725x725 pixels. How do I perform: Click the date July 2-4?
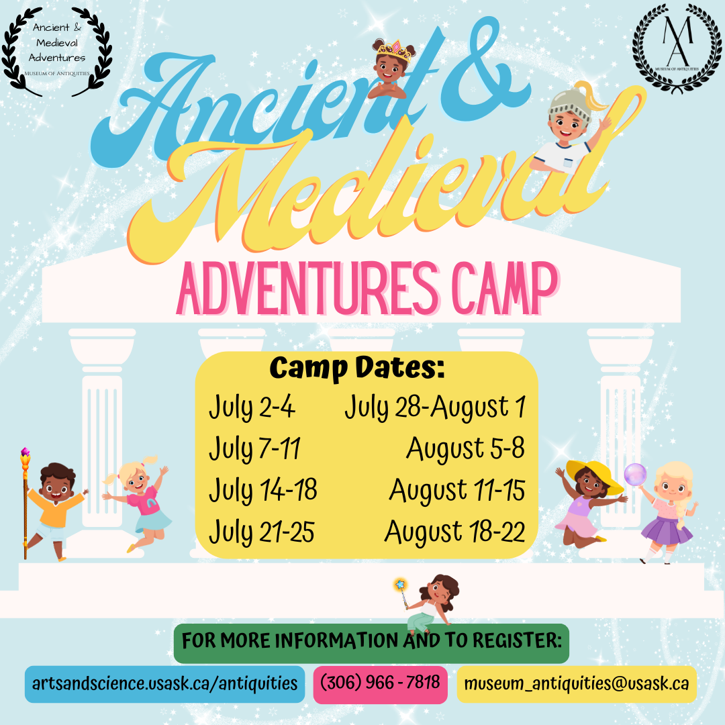coord(252,407)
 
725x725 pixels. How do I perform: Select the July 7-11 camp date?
coord(254,448)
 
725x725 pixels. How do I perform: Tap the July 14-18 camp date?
coord(262,490)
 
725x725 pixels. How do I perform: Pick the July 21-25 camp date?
coord(261,532)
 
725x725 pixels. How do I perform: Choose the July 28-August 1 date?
coord(434,407)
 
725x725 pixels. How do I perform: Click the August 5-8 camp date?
coord(465,448)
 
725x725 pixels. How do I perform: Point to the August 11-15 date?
coord(456,490)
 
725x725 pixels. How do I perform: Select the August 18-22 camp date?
coord(454,532)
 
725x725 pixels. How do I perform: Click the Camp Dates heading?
coord(357,368)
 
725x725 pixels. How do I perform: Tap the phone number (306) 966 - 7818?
coord(380,683)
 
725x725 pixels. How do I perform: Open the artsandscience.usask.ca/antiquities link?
coord(164,683)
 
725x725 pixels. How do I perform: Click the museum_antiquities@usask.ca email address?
coord(576,683)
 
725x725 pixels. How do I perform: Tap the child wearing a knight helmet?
coord(571,128)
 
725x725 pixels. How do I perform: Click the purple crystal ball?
coord(634,474)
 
